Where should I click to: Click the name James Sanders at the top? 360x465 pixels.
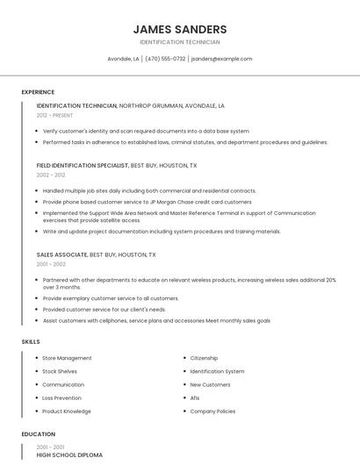(x=179, y=29)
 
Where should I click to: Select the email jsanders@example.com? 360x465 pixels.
(x=221, y=59)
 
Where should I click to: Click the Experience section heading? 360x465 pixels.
(x=38, y=92)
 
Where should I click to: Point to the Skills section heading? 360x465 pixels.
(x=30, y=341)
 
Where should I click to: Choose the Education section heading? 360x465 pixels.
(x=38, y=434)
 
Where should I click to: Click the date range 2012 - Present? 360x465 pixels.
(x=54, y=115)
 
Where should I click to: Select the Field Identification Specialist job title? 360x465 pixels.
(x=82, y=165)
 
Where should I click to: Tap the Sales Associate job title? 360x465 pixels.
(x=61, y=254)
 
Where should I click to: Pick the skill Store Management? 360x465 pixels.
(x=67, y=358)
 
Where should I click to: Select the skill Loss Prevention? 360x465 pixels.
(x=61, y=397)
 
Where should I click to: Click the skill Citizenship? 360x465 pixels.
(x=204, y=358)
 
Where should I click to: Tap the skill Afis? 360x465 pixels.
(x=195, y=397)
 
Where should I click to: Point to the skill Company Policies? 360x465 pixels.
(x=212, y=411)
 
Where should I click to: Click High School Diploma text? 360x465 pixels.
(x=69, y=455)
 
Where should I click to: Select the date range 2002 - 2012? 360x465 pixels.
(x=51, y=175)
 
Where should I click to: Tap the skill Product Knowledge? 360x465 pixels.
(x=67, y=411)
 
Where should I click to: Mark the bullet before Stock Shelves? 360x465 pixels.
(x=36, y=371)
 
